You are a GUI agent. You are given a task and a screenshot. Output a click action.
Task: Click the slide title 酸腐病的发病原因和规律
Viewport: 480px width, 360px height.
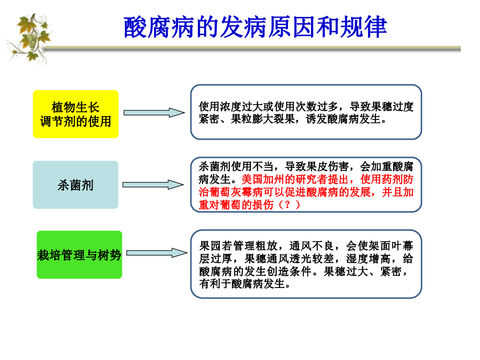tap(255, 27)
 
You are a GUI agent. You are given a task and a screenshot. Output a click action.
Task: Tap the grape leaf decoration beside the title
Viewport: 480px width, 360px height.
tap(29, 38)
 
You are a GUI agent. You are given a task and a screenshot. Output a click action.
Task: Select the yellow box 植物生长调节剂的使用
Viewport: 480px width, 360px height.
tap(76, 114)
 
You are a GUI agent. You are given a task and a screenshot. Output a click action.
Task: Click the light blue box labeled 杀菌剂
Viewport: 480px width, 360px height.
tap(75, 185)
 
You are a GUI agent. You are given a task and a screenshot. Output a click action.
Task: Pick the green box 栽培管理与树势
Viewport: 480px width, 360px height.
tap(79, 254)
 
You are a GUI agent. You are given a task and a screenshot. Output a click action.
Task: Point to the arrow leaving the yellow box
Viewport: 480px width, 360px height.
tap(154, 113)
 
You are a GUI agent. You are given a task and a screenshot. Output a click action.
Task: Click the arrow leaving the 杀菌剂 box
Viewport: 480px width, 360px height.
tap(153, 185)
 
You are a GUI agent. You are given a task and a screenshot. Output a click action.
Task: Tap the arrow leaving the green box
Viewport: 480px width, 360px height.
tap(157, 253)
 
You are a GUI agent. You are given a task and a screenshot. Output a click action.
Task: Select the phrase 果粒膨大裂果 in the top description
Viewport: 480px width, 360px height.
tap(263, 119)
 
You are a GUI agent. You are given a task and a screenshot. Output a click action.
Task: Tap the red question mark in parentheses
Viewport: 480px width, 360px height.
tap(287, 204)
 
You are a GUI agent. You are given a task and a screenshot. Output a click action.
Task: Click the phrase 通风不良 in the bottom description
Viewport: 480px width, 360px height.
tap(312, 245)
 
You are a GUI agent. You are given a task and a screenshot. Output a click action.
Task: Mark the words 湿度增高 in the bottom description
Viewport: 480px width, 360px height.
tap(368, 259)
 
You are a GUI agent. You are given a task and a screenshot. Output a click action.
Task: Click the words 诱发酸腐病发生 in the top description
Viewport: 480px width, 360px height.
tap(343, 119)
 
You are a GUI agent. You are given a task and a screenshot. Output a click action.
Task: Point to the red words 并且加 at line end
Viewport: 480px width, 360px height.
tap(397, 192)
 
